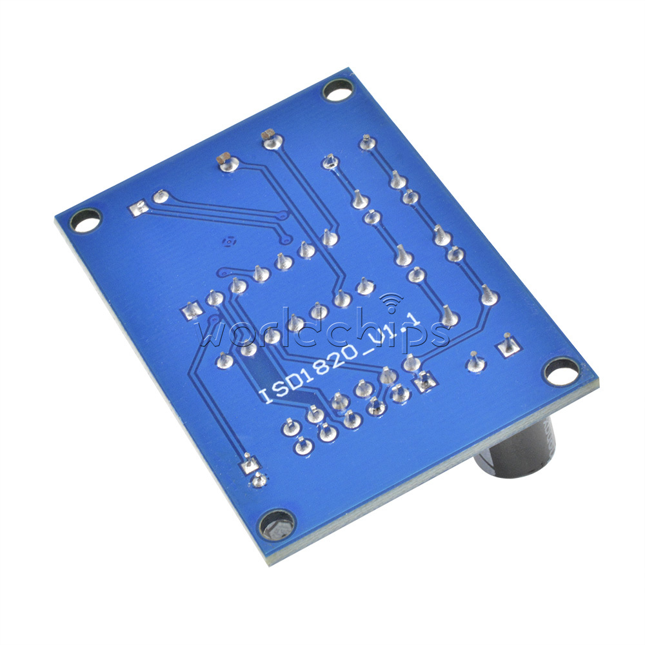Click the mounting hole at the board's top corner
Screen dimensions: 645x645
(337, 90)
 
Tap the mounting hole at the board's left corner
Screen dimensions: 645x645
(86, 221)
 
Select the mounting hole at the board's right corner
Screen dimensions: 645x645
(562, 371)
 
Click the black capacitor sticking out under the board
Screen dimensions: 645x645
(519, 447)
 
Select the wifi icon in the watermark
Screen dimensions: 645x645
(391, 301)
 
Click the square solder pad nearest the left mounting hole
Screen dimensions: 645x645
(139, 210)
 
